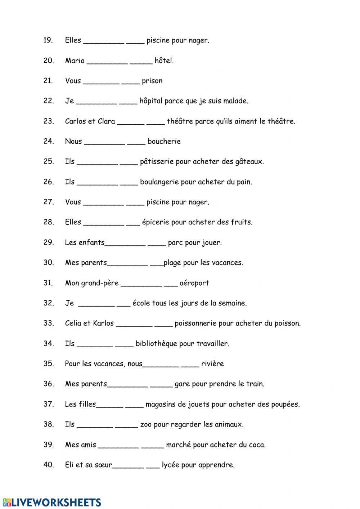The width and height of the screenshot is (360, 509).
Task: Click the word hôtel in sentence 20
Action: click(164, 61)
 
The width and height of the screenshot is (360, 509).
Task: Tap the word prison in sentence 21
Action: click(152, 81)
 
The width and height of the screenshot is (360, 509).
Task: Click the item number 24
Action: click(49, 141)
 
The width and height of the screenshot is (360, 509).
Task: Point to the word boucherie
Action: click(164, 141)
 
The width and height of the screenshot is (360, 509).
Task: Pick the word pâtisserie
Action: click(157, 161)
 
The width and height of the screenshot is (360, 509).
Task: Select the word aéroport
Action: click(194, 283)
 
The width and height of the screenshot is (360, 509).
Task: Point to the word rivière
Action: click(212, 364)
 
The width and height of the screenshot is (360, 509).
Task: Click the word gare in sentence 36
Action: click(182, 384)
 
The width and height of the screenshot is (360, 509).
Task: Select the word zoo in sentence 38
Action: click(146, 424)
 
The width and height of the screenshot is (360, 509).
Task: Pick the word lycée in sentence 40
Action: click(170, 465)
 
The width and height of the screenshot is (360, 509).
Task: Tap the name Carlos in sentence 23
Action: click(74, 121)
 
